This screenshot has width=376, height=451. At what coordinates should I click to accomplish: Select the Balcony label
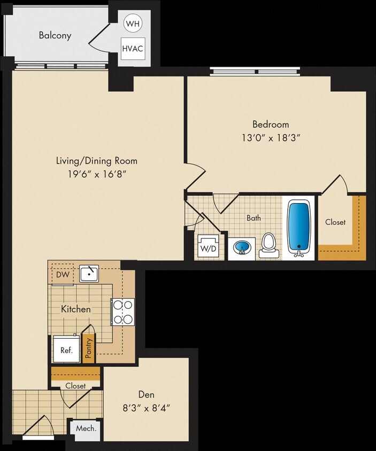coord(55,36)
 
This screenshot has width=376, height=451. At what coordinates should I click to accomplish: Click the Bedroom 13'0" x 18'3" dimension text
coord(271,137)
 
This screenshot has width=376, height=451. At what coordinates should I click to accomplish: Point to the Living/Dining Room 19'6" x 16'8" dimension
coord(97,174)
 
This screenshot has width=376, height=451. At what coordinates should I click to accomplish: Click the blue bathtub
coord(299,227)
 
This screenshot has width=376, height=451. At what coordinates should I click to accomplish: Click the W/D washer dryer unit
coord(208,248)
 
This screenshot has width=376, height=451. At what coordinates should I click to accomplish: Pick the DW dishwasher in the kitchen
coord(62,275)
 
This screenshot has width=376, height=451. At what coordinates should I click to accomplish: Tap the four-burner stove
coord(123,312)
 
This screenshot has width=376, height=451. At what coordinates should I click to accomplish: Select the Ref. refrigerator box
coord(66,351)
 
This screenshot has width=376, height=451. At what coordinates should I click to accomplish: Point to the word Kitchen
coord(75,309)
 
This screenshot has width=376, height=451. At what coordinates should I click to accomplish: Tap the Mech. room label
coord(86,429)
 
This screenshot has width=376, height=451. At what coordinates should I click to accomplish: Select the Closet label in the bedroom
coord(335,222)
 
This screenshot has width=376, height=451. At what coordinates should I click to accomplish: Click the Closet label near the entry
coord(75,385)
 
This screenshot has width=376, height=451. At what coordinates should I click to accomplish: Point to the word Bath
coord(254,218)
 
